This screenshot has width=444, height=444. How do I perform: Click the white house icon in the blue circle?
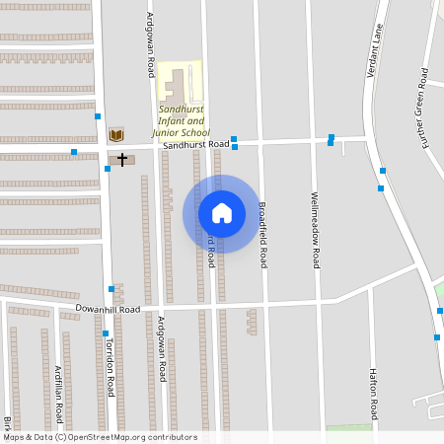pos(222,213)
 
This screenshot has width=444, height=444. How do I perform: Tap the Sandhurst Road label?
pos(196,145)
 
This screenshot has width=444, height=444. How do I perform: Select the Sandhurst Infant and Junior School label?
pos(181,120)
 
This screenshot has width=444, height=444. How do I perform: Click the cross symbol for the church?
pos(122,159)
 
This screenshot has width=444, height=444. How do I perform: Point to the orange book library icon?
pos(116,134)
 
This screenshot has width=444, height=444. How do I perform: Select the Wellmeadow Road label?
pos(316,230)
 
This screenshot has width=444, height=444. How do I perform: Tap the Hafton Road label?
pos(374,392)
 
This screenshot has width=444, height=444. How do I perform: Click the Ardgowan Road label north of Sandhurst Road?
pos(150,45)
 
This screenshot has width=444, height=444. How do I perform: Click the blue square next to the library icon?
pos(98,116)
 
